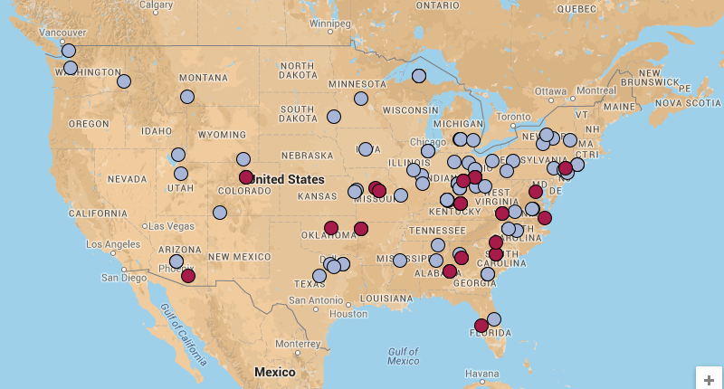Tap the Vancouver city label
[x=37, y=33]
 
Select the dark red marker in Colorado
[x=246, y=177]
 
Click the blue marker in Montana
[x=186, y=97]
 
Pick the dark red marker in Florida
[x=481, y=326]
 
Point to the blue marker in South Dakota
[x=333, y=117]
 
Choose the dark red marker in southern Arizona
[x=187, y=276]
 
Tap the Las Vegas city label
[x=171, y=226]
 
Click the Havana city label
[x=481, y=374]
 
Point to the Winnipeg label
[x=330, y=23]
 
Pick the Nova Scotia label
[x=687, y=103]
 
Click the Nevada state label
[x=129, y=179]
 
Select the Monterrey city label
[x=300, y=344]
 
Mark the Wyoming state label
[x=222, y=135]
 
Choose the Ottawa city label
[x=550, y=91]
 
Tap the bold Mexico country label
[x=274, y=373]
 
